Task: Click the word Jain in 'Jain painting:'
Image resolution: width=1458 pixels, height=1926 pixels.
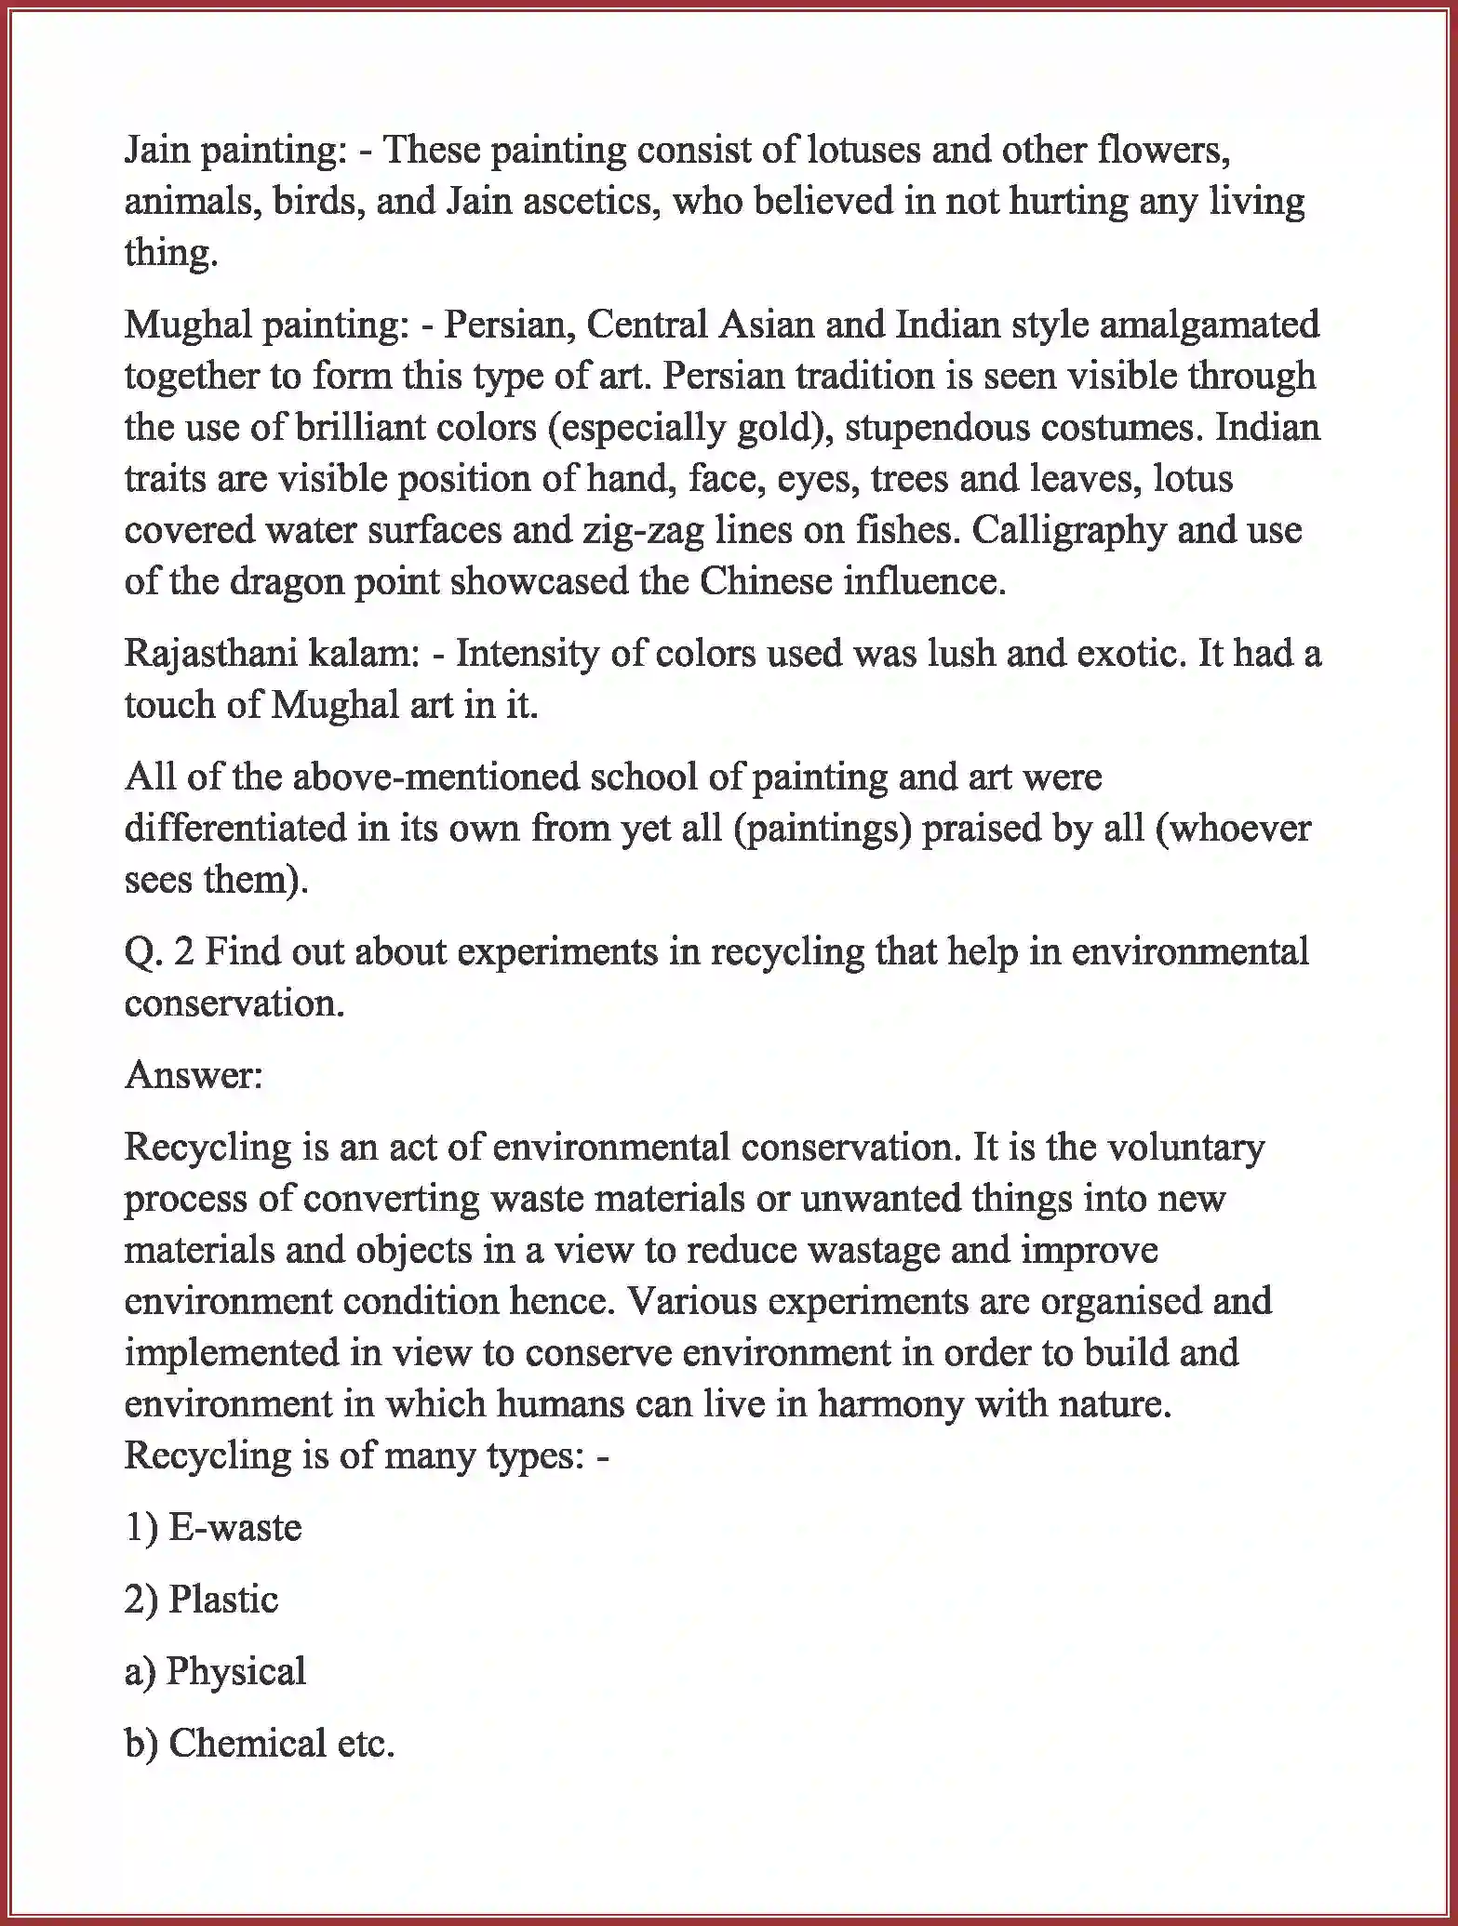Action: coord(156,150)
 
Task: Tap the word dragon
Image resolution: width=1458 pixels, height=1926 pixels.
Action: coord(296,581)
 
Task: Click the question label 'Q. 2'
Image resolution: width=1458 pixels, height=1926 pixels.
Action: coord(159,952)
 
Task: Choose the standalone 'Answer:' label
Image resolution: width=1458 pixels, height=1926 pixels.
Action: coord(194,1075)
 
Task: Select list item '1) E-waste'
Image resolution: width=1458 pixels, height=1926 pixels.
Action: coord(213,1528)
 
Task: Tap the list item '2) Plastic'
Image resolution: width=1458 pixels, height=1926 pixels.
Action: coord(202,1600)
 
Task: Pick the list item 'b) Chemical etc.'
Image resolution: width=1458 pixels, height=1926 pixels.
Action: coord(260,1744)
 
